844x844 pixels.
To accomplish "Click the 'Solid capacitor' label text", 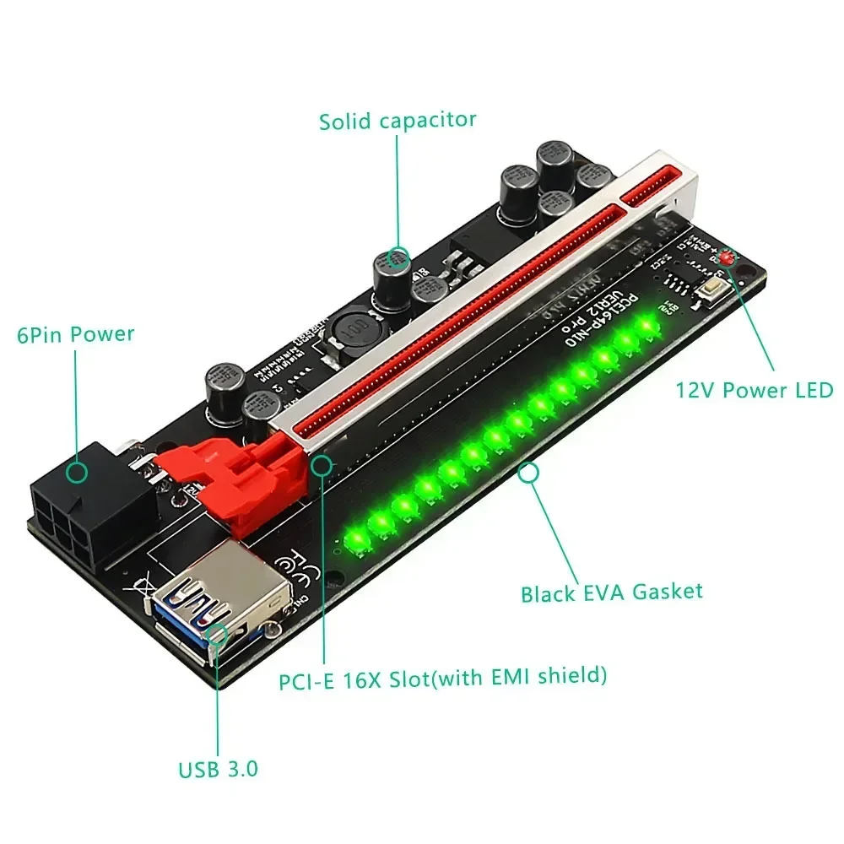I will pos(398,120).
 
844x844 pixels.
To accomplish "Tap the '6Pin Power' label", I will pos(76,334).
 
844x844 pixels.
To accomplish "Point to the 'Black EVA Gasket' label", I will pos(611,591).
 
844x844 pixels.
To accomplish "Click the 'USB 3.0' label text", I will pos(218,770).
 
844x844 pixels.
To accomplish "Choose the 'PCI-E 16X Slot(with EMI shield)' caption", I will pos(443,677).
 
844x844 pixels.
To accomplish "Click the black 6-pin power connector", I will pos(68,509).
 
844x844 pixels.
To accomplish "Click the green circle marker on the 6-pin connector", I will pos(77,473).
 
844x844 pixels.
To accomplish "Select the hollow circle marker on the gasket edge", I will pos(529,473).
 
